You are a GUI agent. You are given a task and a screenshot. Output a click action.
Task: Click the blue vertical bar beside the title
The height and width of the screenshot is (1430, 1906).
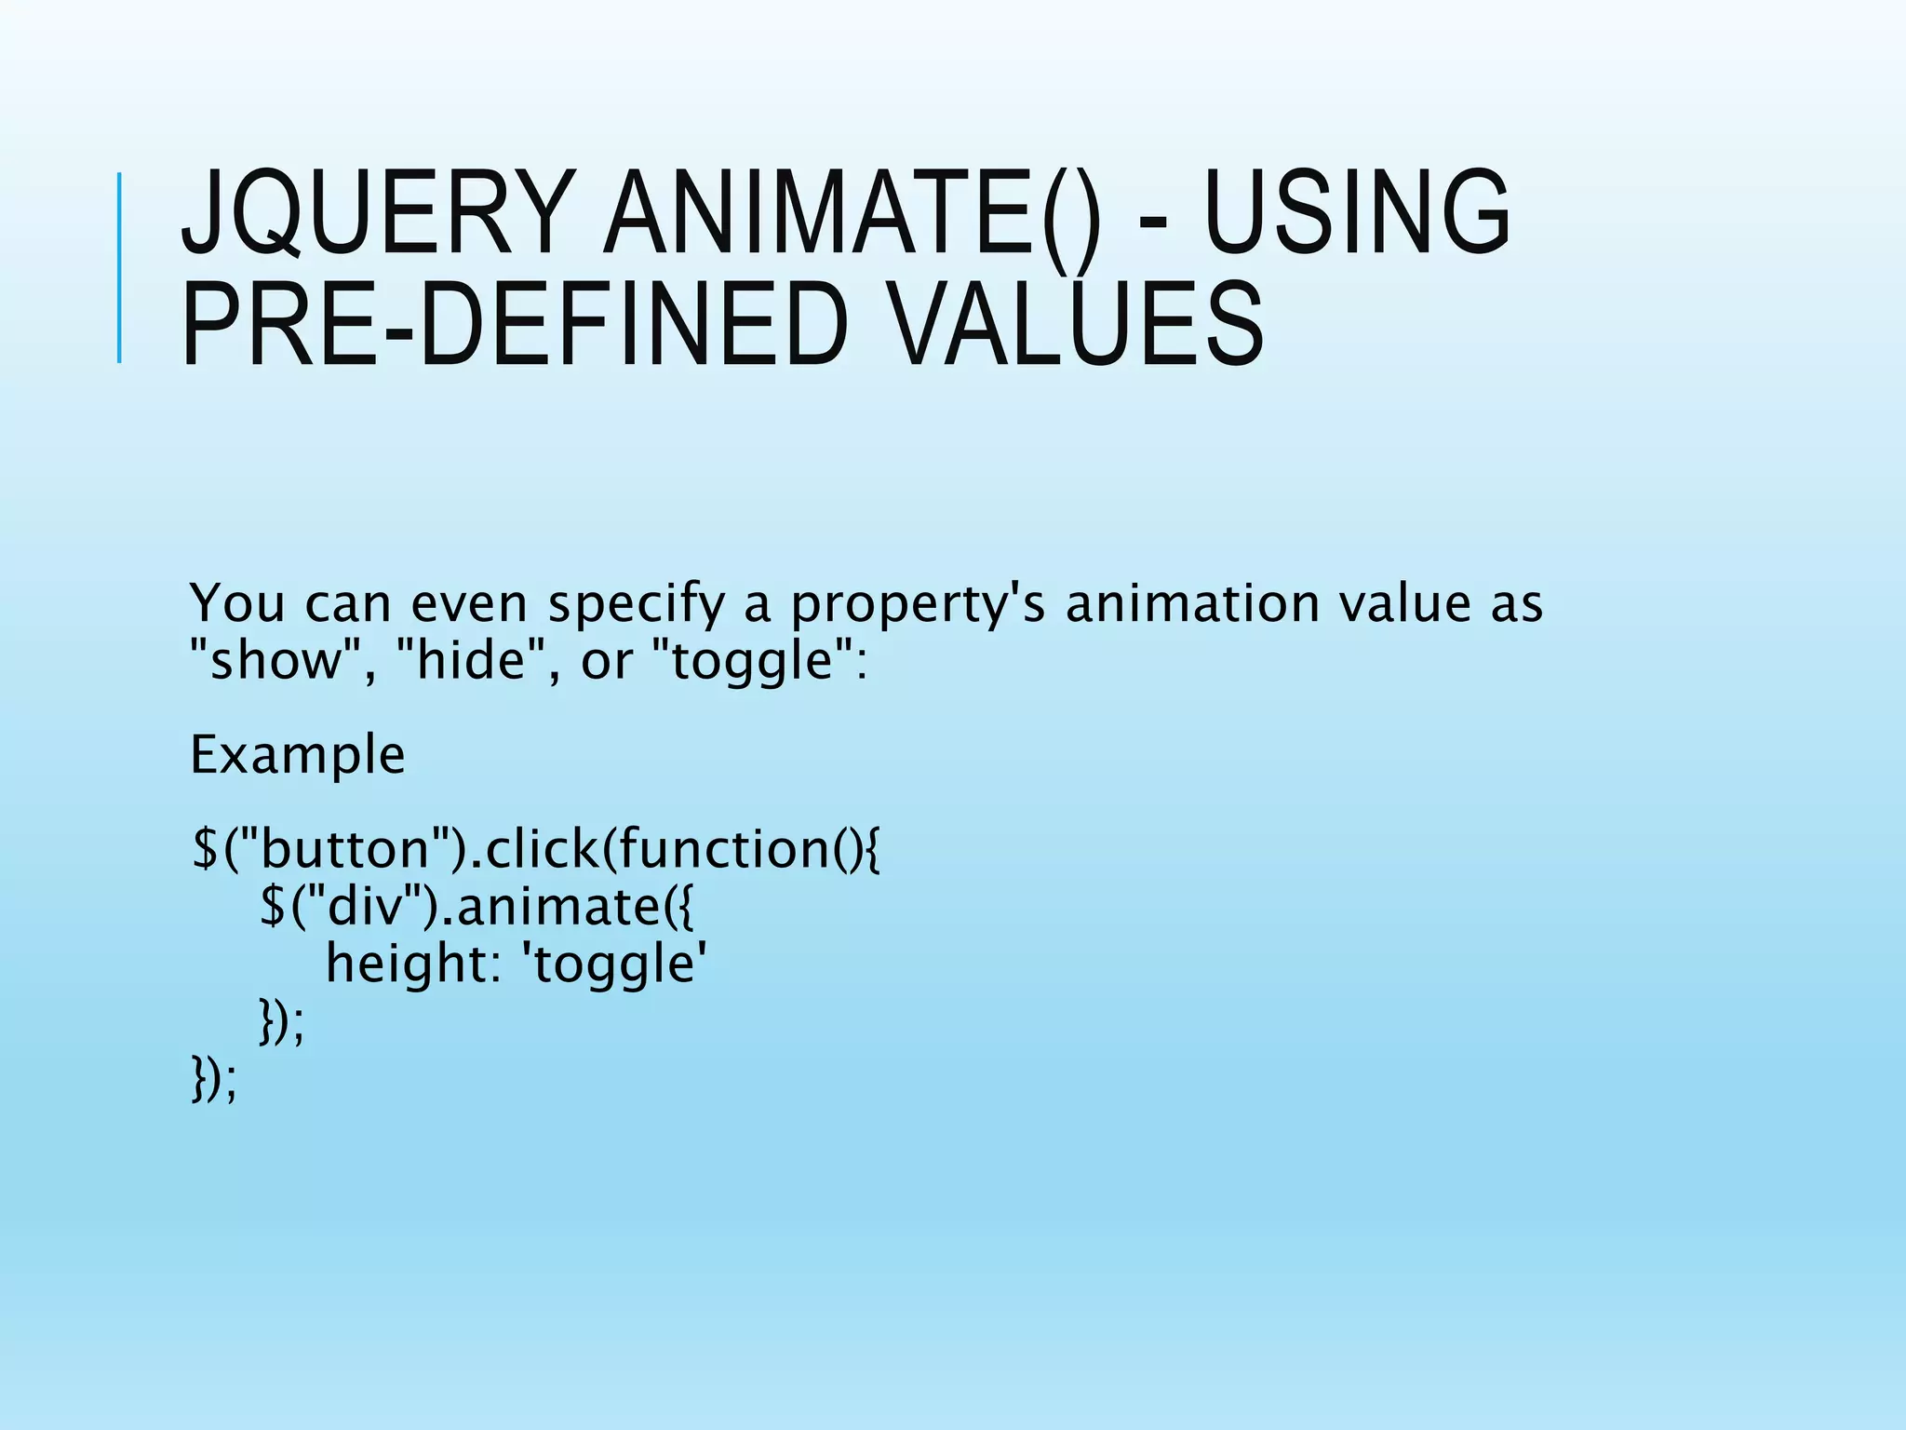(x=119, y=268)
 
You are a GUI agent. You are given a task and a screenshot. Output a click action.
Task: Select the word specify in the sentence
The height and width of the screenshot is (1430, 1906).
(x=636, y=604)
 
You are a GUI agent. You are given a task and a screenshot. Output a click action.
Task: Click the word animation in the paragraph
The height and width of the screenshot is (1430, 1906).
(x=1192, y=604)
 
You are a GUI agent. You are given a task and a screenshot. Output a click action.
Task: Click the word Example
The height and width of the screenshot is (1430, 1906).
(x=297, y=755)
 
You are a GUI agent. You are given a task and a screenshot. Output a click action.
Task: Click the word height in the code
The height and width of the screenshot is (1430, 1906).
(x=405, y=964)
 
